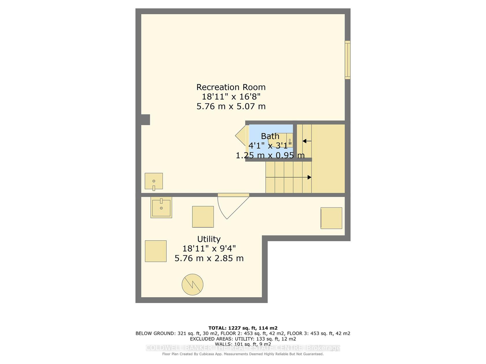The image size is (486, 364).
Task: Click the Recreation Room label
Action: click(x=231, y=87)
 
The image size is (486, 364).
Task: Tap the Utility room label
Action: click(x=209, y=239)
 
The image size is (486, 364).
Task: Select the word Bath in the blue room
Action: click(x=270, y=136)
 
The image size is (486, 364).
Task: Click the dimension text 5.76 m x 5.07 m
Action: click(x=231, y=106)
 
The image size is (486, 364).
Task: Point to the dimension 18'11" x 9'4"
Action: click(x=209, y=249)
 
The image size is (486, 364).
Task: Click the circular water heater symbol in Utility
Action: click(x=192, y=285)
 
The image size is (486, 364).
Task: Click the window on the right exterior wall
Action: click(x=348, y=60)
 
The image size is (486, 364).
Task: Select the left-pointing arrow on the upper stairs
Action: click(x=307, y=141)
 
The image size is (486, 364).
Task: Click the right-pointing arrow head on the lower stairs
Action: click(x=310, y=177)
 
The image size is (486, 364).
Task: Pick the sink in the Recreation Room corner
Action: click(x=154, y=181)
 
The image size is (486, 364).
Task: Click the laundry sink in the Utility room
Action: click(x=161, y=207)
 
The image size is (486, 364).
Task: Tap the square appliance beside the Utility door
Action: click(x=203, y=217)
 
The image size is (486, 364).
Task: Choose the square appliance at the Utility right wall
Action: click(x=331, y=218)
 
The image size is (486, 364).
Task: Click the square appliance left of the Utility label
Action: click(x=156, y=251)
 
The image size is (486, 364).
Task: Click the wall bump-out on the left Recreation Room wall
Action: click(x=146, y=120)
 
